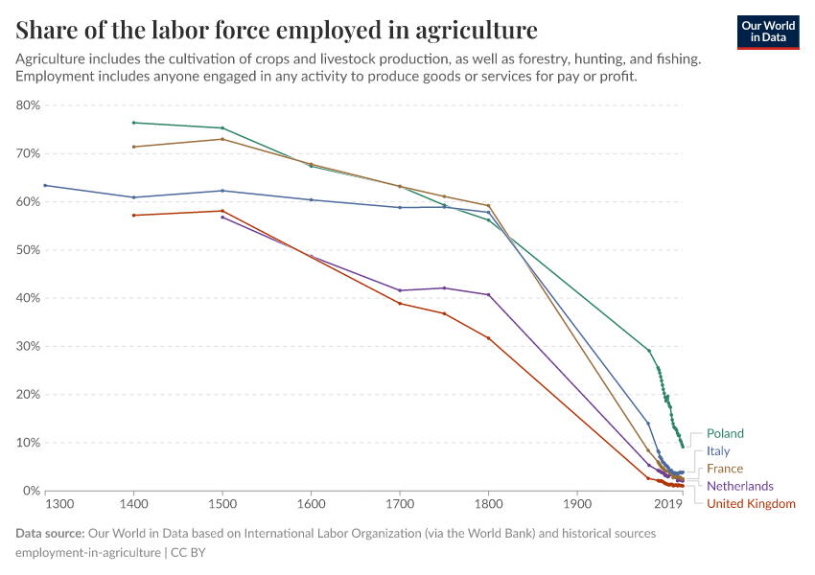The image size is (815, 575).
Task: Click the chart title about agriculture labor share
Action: pos(276,29)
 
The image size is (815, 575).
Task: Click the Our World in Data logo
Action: pos(767,32)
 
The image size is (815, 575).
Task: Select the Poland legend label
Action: pos(725,433)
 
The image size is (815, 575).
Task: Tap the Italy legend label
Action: pos(718,450)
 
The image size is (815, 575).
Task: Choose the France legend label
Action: pos(724,469)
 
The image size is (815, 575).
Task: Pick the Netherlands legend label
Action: pos(739,486)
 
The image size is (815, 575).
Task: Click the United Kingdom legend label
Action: pos(750,503)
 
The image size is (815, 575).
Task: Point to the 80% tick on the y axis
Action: pos(27,105)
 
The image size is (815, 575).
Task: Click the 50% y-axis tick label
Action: pos(27,250)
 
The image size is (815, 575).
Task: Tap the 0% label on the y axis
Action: pos(30,491)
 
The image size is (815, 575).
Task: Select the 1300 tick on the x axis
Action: pos(59,504)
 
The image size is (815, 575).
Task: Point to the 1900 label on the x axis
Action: pos(576,504)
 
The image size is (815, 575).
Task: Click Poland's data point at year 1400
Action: pos(134,123)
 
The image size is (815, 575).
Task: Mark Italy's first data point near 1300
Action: pos(45,185)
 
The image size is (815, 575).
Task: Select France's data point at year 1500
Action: pos(222,139)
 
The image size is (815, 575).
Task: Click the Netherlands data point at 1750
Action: pos(444,287)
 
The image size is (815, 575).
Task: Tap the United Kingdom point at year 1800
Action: pos(488,337)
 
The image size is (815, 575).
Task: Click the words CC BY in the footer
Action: pos(189,553)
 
